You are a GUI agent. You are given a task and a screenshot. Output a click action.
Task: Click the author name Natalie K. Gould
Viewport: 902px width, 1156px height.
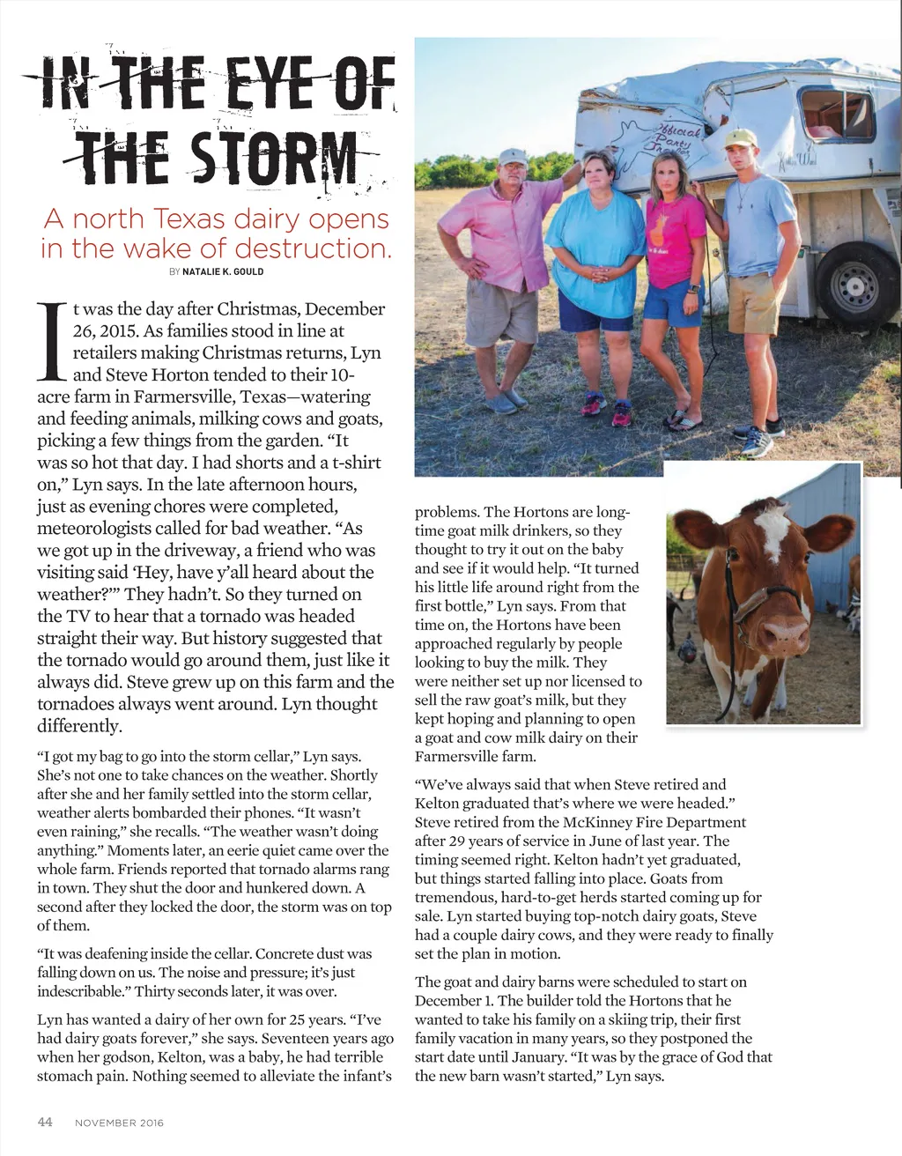(x=223, y=271)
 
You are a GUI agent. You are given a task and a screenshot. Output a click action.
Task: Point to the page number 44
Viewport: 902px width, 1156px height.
(x=45, y=1122)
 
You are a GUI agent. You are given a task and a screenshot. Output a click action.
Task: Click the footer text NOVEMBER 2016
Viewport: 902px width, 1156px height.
(x=119, y=1123)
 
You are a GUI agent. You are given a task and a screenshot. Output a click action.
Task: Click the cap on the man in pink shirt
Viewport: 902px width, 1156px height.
(x=512, y=158)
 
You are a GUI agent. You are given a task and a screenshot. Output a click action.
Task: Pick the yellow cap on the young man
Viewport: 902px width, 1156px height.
(x=741, y=138)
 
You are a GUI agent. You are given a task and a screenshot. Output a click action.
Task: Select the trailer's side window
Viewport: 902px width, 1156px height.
(x=836, y=115)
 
